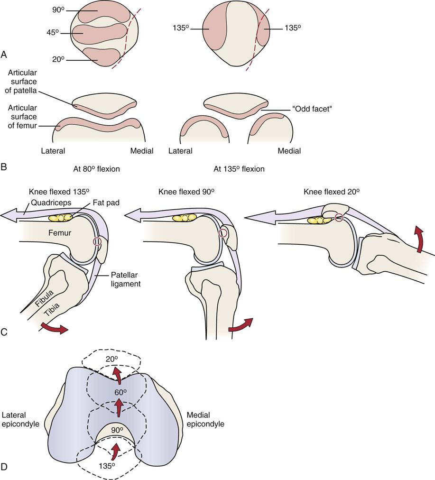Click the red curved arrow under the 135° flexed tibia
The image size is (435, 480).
coord(53,329)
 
